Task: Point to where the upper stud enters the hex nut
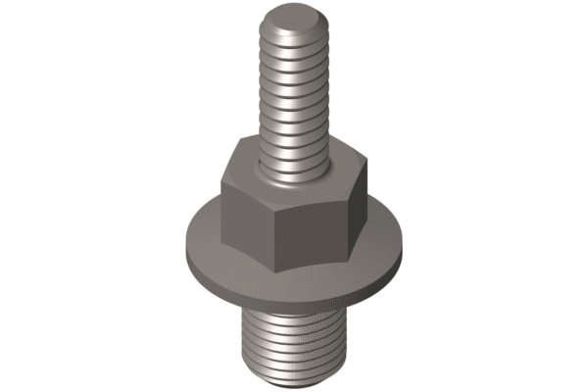pyautogui.click(x=294, y=174)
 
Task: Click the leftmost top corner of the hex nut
pyautogui.click(x=220, y=176)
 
